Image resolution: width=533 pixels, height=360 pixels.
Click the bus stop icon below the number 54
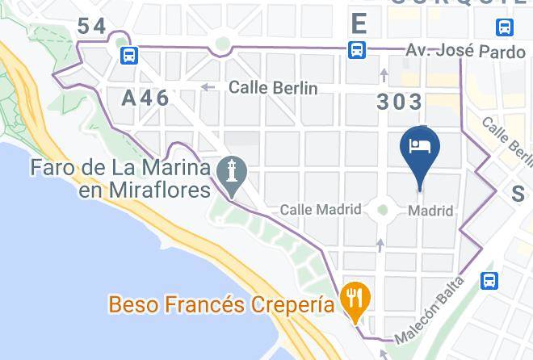point(128,56)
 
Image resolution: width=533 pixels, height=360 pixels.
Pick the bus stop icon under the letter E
point(357,50)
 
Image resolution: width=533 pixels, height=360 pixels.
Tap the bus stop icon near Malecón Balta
point(489,280)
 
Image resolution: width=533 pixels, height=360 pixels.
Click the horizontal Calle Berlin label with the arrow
point(272,88)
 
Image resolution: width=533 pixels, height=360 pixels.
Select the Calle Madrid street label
point(320,210)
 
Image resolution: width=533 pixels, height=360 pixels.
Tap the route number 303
point(400,102)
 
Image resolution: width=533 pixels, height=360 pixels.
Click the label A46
point(145,98)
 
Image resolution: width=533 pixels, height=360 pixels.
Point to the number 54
point(92,26)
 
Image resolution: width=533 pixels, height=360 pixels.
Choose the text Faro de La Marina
point(120,170)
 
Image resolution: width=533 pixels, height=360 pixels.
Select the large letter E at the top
point(359,23)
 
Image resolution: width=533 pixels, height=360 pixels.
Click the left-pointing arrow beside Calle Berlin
point(208,87)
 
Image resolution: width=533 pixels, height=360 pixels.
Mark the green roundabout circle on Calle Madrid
point(383,211)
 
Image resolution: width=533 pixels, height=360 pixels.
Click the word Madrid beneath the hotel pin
point(430,211)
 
